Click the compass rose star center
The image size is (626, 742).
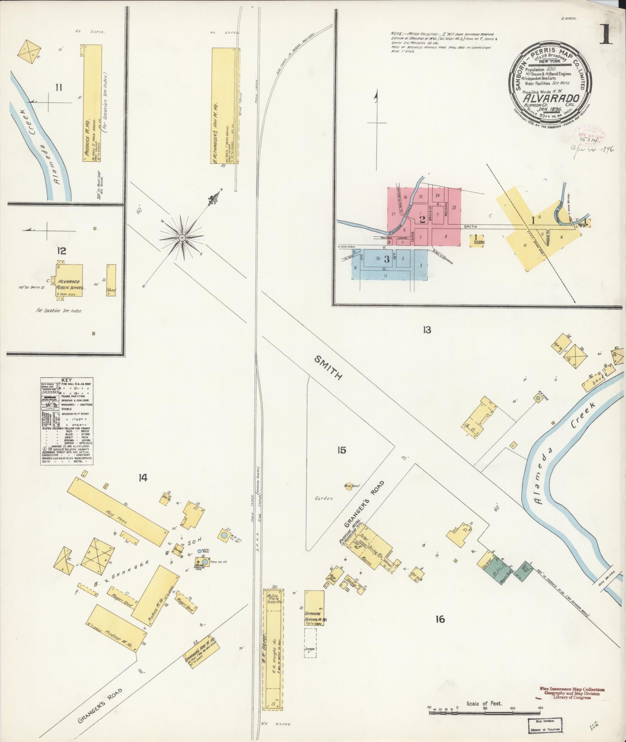[181, 237]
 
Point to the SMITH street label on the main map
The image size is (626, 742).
[328, 368]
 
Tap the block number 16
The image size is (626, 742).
[439, 619]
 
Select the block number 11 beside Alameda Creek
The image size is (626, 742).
[58, 88]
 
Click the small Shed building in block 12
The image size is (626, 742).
[111, 281]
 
